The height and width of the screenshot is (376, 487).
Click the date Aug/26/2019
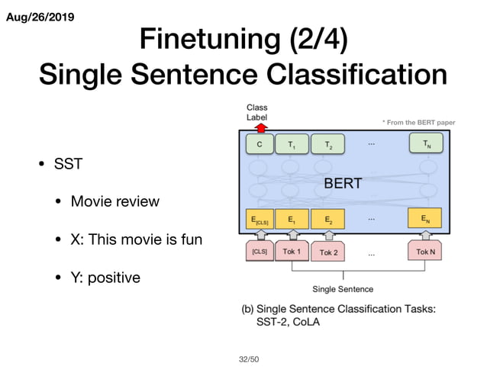40,16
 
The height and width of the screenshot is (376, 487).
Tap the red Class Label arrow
258,127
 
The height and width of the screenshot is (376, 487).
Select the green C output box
260,143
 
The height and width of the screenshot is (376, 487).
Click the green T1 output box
291,143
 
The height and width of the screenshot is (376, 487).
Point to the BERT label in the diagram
343,183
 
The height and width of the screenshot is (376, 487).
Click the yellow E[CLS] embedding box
260,219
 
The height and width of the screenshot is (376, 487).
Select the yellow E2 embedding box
328,219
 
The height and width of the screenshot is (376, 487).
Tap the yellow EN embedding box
426,218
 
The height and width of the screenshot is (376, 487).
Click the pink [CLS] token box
260,251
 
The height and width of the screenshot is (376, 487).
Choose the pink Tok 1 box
291,251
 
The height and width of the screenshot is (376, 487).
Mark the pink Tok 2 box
329,251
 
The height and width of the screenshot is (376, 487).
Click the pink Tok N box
426,251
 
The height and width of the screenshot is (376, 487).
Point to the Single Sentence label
343,289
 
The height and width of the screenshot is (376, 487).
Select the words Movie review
114,201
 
